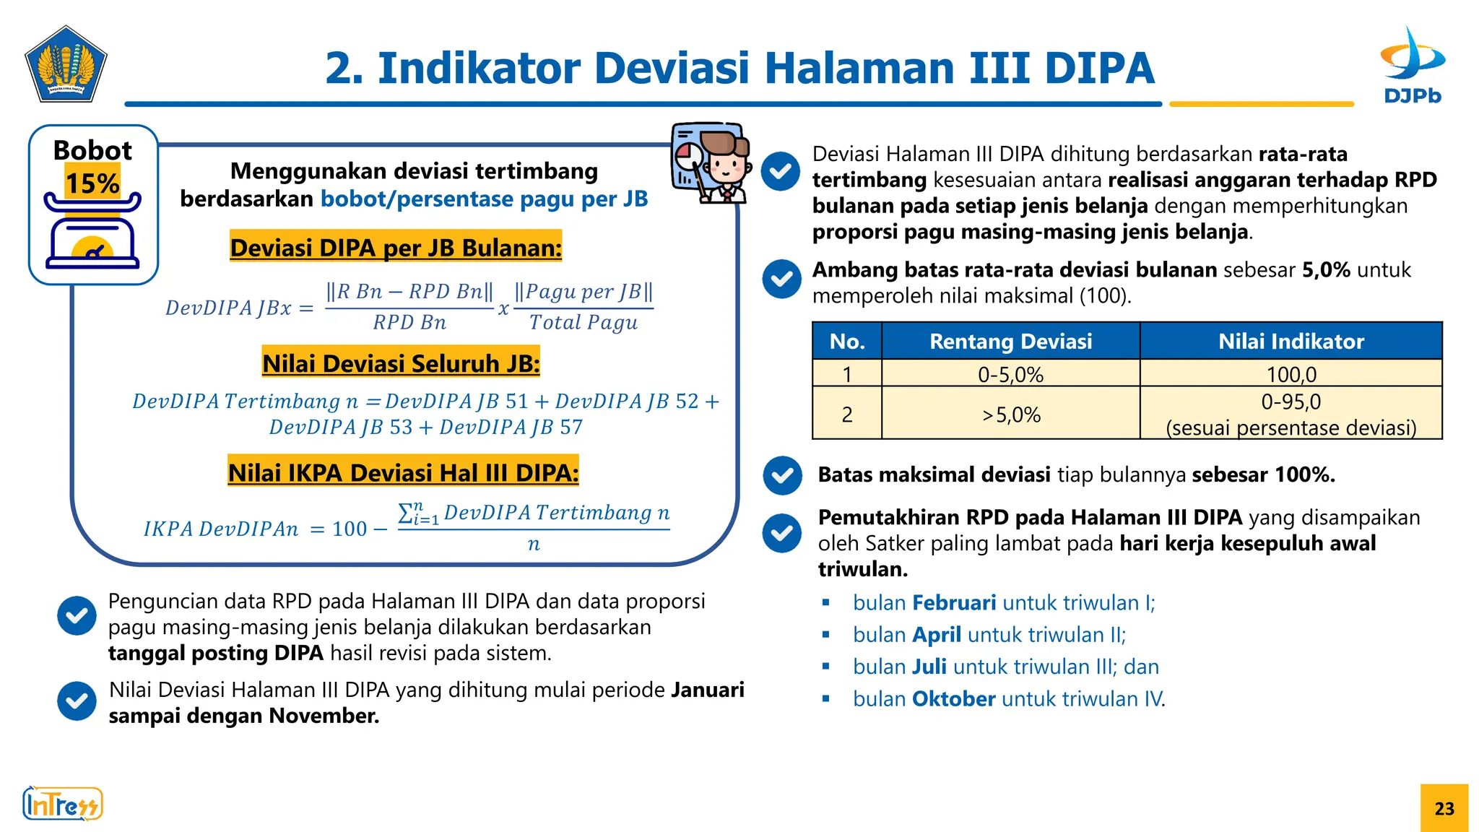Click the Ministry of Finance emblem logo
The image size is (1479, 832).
(x=66, y=65)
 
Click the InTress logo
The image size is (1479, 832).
(x=62, y=804)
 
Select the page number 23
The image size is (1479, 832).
(x=1444, y=808)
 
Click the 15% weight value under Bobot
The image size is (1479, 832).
(x=92, y=183)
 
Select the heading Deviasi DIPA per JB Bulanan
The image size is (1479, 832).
(x=396, y=248)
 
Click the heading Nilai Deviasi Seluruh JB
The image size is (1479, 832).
(x=401, y=363)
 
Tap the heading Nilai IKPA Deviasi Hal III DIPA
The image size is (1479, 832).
(x=403, y=472)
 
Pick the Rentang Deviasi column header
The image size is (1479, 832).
(x=1010, y=341)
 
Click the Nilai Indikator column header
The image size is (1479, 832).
(x=1291, y=341)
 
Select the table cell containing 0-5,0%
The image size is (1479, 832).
(x=1010, y=374)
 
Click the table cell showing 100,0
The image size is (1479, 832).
(x=1291, y=374)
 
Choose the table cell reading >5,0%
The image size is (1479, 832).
(x=1010, y=415)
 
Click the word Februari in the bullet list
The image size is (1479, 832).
(x=954, y=602)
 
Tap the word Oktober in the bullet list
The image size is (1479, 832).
(x=953, y=698)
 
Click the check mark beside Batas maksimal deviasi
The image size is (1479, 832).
(x=782, y=475)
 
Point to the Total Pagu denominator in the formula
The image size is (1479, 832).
(x=584, y=322)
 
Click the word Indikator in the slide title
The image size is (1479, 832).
(x=480, y=68)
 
